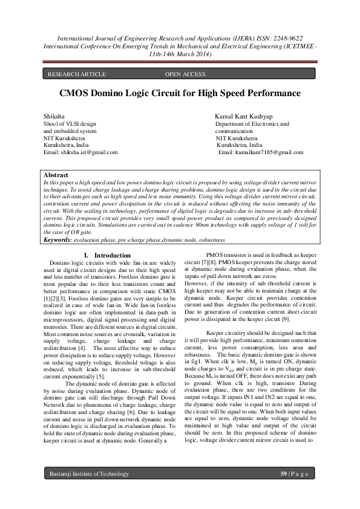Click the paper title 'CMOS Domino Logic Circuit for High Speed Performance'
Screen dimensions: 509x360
point(180,94)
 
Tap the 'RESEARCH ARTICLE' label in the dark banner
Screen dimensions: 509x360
point(76,74)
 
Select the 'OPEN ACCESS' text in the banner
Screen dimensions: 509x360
point(185,74)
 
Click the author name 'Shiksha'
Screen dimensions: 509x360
point(54,114)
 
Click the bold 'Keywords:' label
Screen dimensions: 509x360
point(59,240)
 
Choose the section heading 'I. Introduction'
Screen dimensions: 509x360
point(107,256)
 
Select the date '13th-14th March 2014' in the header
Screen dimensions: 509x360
point(180,54)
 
